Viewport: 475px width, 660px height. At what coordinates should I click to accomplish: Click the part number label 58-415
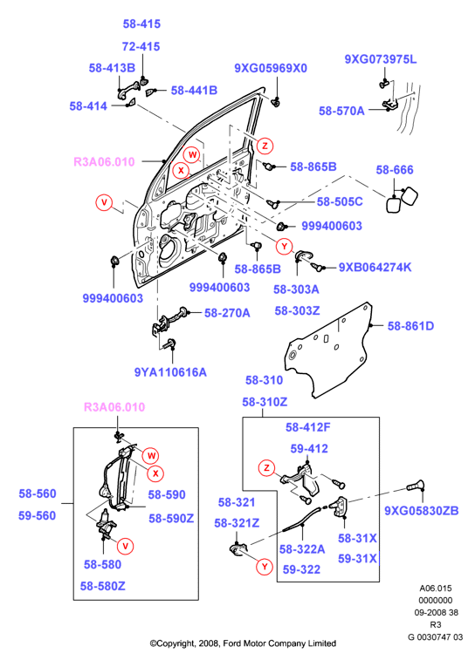click(141, 24)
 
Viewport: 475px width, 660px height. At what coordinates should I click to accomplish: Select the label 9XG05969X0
click(271, 68)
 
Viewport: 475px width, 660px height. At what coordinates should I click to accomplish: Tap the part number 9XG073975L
click(381, 59)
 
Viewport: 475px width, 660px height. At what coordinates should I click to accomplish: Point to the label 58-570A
click(341, 111)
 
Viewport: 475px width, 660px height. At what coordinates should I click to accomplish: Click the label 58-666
click(395, 170)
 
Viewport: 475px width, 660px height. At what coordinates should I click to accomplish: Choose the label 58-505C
click(340, 201)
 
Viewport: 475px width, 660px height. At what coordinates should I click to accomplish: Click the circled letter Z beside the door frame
click(265, 146)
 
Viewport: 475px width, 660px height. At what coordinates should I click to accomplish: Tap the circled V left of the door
click(104, 202)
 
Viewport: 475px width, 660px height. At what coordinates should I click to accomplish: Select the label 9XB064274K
click(375, 268)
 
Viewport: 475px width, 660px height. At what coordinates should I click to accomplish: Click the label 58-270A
click(227, 313)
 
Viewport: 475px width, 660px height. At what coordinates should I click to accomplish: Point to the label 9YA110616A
click(170, 372)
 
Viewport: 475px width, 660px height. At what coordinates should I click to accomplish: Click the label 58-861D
click(410, 326)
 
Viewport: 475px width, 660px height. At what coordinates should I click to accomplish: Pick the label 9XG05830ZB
click(422, 511)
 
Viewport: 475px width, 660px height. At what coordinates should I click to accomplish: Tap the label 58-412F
click(308, 428)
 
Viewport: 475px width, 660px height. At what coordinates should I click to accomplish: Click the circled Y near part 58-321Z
click(265, 567)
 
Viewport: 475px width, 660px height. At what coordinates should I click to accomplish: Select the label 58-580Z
click(103, 587)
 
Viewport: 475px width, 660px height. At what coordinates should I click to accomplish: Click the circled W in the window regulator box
click(151, 455)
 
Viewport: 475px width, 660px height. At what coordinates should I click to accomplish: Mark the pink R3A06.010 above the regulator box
click(114, 407)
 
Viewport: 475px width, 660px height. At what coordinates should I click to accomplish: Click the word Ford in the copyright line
click(231, 643)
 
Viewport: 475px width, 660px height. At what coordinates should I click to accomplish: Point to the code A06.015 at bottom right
click(436, 589)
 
